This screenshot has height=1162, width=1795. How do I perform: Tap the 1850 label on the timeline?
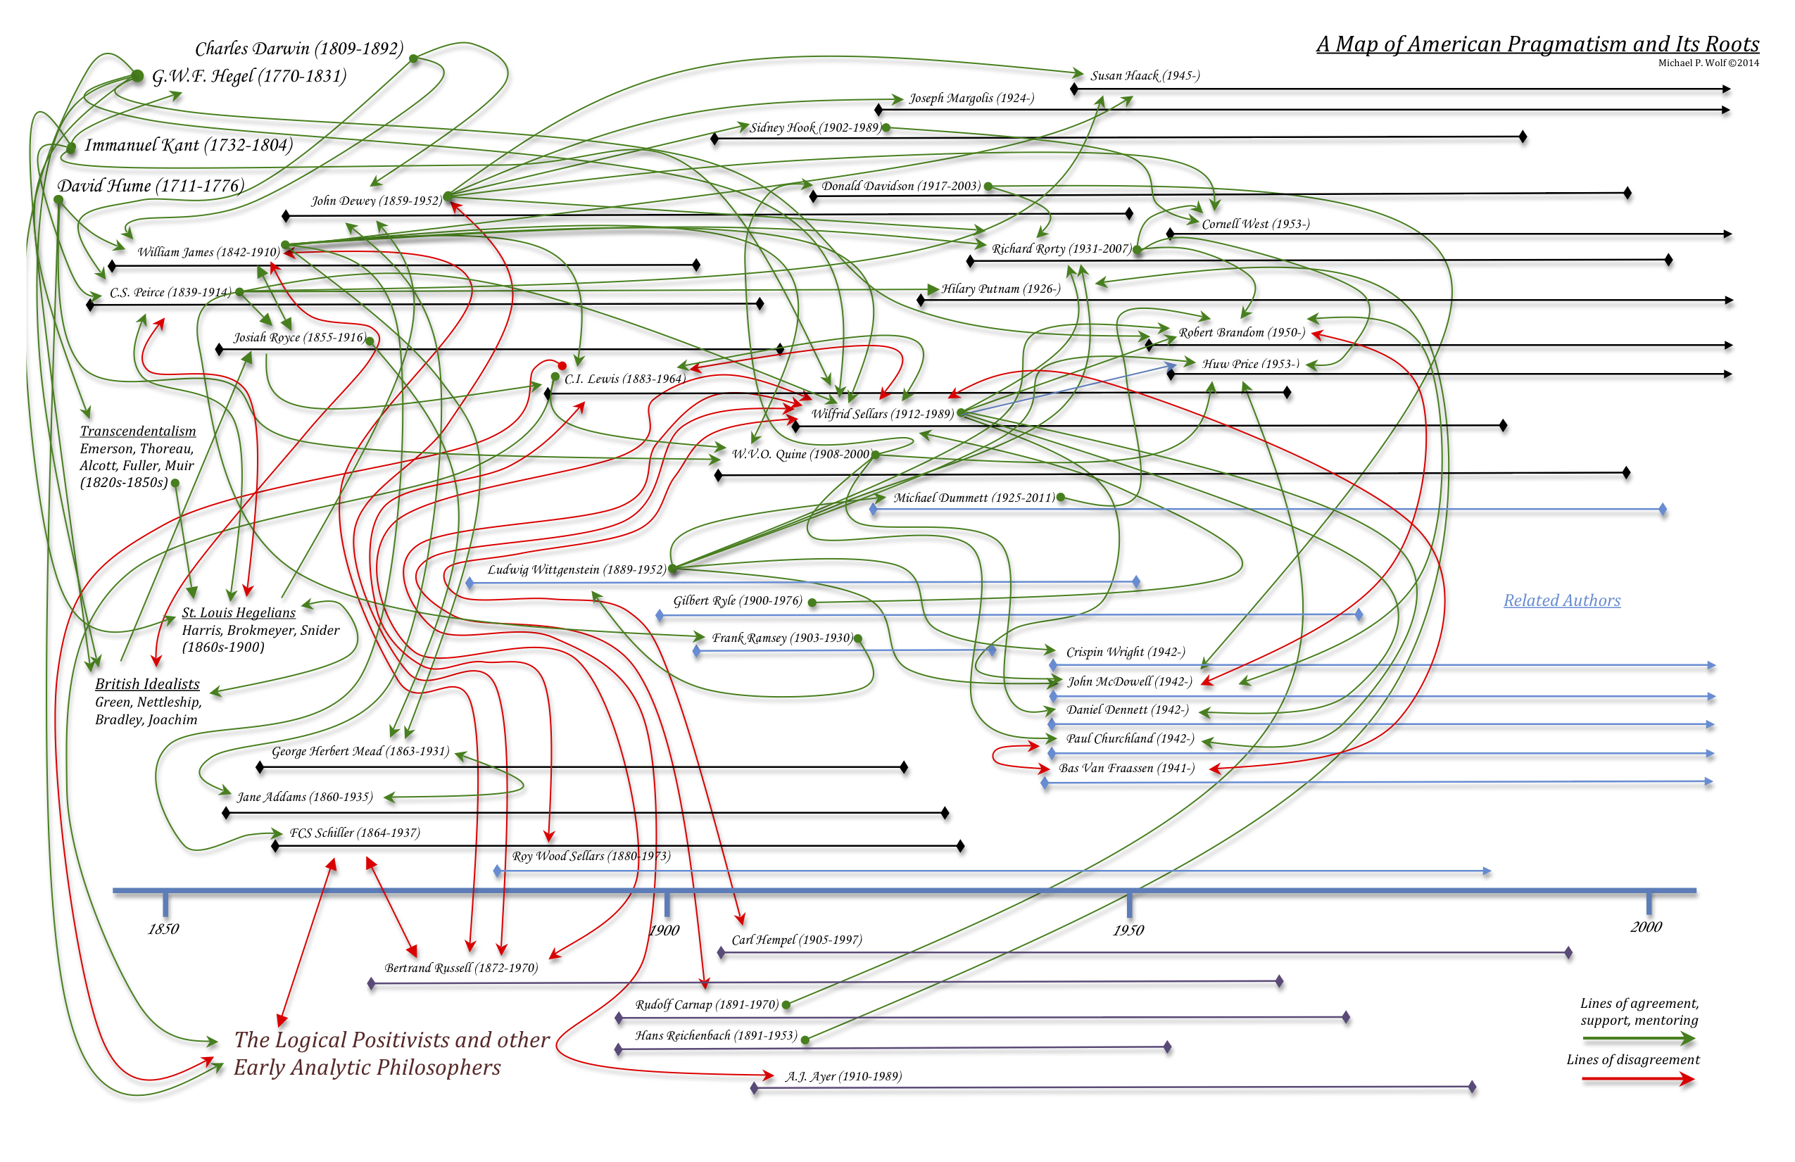click(163, 928)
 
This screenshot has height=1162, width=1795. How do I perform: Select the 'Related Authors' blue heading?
click(1561, 600)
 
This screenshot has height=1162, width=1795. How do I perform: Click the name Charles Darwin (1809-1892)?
click(298, 49)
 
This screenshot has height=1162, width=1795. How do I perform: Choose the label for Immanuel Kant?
click(188, 145)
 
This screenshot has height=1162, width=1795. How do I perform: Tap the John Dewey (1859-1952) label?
click(376, 201)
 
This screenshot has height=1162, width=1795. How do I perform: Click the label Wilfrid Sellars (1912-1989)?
click(881, 413)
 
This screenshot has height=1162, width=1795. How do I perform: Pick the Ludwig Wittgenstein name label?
click(577, 569)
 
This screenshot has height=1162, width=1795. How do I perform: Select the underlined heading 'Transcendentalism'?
click(137, 431)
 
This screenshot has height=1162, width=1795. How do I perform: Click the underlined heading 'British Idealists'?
click(147, 684)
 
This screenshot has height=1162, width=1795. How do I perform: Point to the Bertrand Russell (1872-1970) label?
click(461, 968)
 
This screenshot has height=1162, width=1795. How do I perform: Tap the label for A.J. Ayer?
click(843, 1076)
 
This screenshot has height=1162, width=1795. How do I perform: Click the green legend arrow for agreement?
click(1638, 1039)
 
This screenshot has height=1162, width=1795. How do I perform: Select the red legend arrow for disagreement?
click(1638, 1080)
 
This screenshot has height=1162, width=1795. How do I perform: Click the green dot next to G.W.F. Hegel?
click(137, 75)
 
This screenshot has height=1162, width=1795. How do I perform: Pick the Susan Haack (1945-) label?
click(1144, 75)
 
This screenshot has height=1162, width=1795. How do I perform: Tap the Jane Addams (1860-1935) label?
click(305, 796)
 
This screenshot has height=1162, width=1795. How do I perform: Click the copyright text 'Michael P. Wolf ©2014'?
click(1708, 63)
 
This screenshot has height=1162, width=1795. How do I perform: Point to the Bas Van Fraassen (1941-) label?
click(1126, 768)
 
